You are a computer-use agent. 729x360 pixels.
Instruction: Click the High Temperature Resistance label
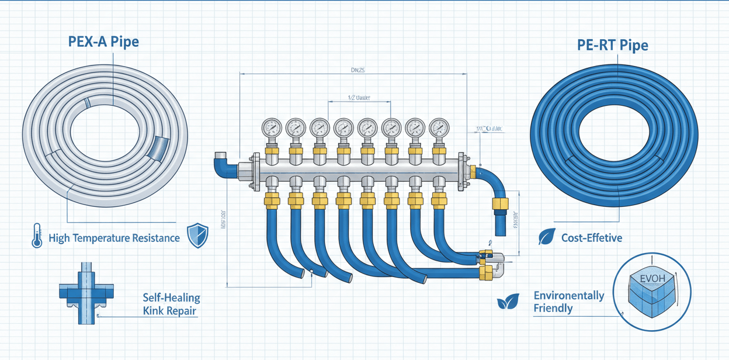[x=114, y=238]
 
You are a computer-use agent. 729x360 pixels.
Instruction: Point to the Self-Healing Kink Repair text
[x=171, y=304]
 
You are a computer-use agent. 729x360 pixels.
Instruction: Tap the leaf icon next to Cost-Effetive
[x=546, y=237]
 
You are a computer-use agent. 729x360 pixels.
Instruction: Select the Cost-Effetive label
[x=591, y=238]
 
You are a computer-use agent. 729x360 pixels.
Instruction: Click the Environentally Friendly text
[x=568, y=302]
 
